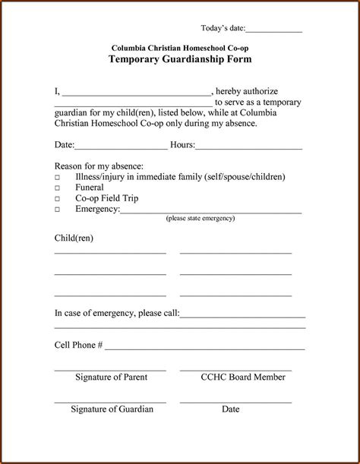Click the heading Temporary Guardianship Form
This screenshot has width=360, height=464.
tap(180, 59)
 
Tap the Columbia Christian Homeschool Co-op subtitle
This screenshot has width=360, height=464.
tap(180, 47)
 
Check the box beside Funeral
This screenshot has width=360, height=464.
tap(57, 188)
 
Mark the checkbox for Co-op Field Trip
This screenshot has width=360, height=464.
tap(57, 198)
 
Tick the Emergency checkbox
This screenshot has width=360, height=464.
tap(57, 209)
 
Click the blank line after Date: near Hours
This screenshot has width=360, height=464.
tap(121, 147)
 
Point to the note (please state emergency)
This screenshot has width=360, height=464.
tap(201, 218)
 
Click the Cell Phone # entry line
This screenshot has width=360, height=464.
tap(205, 347)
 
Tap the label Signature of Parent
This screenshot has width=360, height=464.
tap(111, 377)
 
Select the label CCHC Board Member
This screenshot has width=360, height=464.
tap(243, 377)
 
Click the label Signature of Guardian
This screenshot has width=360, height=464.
tap(112, 409)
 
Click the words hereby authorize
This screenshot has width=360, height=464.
tap(248, 91)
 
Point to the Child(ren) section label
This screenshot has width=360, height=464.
tap(74, 238)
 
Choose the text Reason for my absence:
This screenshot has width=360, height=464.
tap(99, 166)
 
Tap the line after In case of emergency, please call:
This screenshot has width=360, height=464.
tap(242, 314)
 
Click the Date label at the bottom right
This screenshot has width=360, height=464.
tap(231, 409)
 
